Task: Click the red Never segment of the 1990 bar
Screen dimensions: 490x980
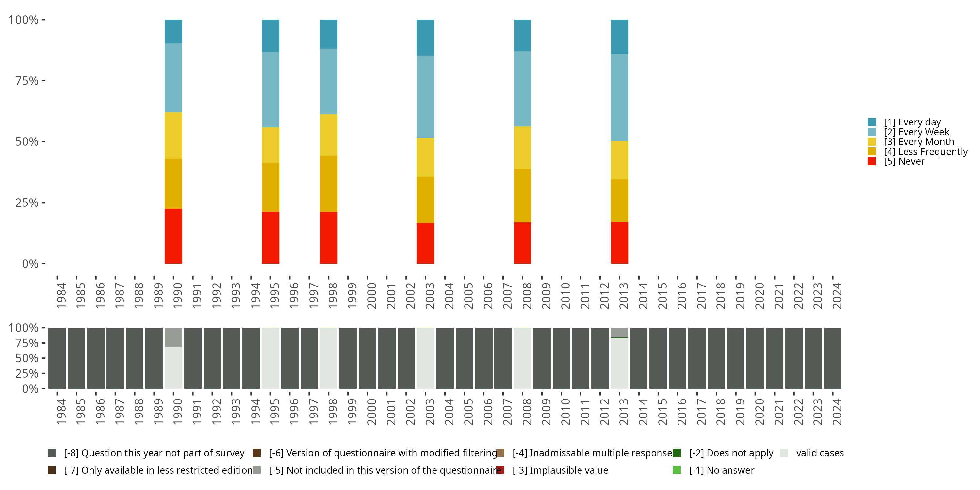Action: [x=173, y=236]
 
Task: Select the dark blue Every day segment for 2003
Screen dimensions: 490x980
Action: [x=425, y=37]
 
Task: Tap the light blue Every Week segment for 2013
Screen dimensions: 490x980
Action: [x=619, y=97]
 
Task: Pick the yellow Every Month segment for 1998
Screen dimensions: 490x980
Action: [x=328, y=135]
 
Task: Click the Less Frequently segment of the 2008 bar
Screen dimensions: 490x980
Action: [x=522, y=196]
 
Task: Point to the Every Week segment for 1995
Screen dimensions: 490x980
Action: [x=270, y=90]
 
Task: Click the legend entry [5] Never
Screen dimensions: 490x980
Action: [x=904, y=162]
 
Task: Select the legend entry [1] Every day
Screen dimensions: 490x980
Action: [x=912, y=122]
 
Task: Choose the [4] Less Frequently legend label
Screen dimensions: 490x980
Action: [x=925, y=152]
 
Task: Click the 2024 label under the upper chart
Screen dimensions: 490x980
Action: [x=837, y=296]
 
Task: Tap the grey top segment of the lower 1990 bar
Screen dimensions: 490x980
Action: [x=173, y=337]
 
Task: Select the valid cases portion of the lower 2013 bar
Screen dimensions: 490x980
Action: [x=619, y=363]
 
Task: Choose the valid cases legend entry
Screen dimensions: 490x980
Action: [x=820, y=453]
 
